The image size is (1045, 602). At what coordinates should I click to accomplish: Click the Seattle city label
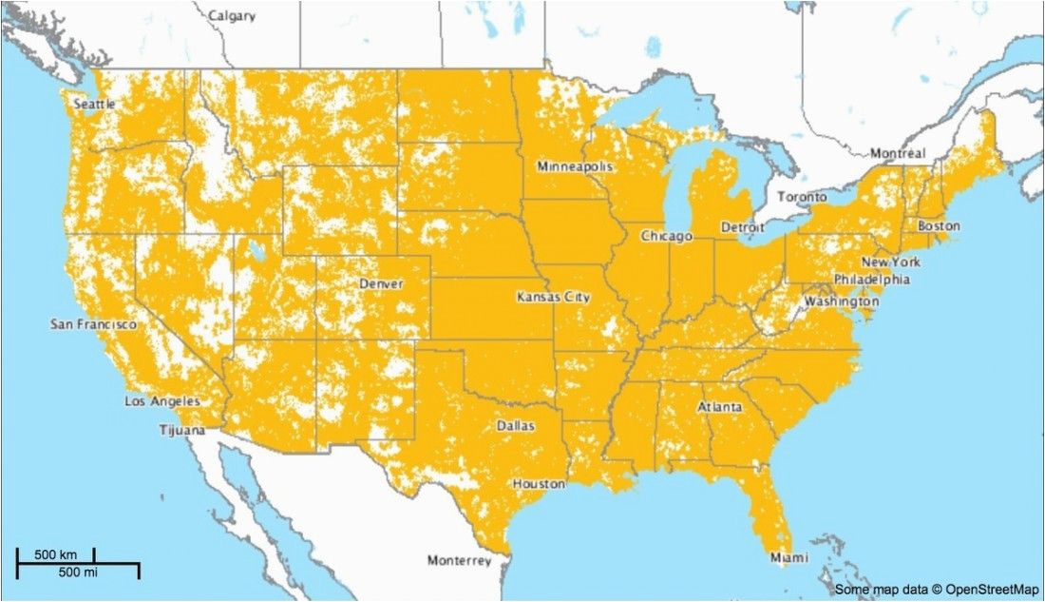click(x=94, y=103)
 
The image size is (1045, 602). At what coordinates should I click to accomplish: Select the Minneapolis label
click(x=575, y=166)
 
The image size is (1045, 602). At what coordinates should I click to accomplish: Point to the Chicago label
click(x=666, y=236)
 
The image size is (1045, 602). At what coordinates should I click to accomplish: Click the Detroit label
click(x=743, y=228)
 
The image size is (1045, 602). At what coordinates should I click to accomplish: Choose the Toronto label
click(x=802, y=197)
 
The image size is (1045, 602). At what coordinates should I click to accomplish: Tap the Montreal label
click(x=898, y=153)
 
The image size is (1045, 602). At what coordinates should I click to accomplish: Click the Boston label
click(x=938, y=226)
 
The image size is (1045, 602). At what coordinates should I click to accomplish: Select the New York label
click(x=890, y=262)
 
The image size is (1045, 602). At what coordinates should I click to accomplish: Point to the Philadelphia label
click(x=871, y=280)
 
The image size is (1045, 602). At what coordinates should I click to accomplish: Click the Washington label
click(x=841, y=301)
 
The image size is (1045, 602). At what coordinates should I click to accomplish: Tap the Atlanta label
click(x=720, y=407)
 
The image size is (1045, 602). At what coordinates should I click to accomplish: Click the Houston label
click(x=539, y=484)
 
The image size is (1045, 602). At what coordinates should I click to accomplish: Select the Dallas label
click(x=514, y=425)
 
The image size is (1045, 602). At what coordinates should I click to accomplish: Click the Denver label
click(x=381, y=283)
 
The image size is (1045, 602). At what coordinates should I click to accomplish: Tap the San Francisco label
click(x=93, y=324)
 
